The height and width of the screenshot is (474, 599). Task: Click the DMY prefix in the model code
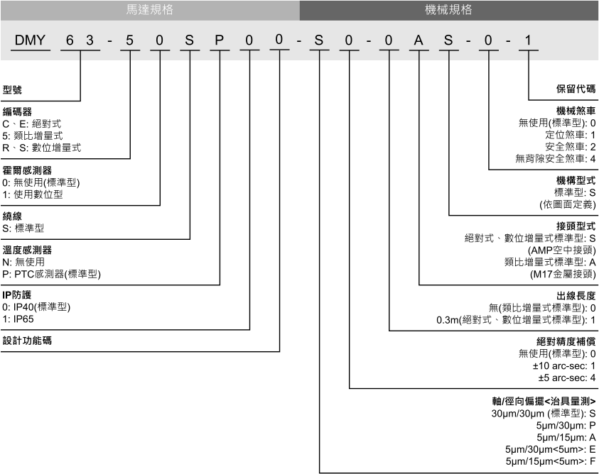coord(30,40)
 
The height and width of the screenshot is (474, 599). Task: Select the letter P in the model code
coord(220,40)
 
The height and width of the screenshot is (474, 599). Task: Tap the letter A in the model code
coord(419,40)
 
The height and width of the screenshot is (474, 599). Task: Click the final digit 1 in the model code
coord(529,40)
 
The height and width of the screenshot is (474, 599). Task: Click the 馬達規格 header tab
coord(150,10)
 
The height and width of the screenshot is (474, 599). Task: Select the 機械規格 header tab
coord(449,10)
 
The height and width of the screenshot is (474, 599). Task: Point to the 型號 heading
coord(12,89)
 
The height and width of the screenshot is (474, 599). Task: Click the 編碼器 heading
coord(17,112)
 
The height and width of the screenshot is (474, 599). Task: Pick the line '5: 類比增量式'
coord(33,136)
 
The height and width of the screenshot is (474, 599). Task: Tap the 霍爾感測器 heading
coord(27,170)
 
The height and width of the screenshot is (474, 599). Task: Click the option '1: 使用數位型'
coord(33,194)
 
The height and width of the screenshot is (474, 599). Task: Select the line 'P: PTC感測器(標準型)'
coord(52,274)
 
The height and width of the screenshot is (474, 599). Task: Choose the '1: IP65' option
coord(18,319)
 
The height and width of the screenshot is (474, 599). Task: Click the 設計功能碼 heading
coord(27,341)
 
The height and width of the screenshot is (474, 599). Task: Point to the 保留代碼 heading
coord(576,89)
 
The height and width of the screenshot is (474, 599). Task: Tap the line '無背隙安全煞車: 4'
coord(556,158)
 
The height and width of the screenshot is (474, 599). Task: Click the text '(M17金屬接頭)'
coord(563,274)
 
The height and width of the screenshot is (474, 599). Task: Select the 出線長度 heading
coord(576,296)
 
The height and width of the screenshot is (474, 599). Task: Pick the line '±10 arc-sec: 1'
coord(564,366)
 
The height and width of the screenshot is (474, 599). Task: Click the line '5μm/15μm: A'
coord(566,437)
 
